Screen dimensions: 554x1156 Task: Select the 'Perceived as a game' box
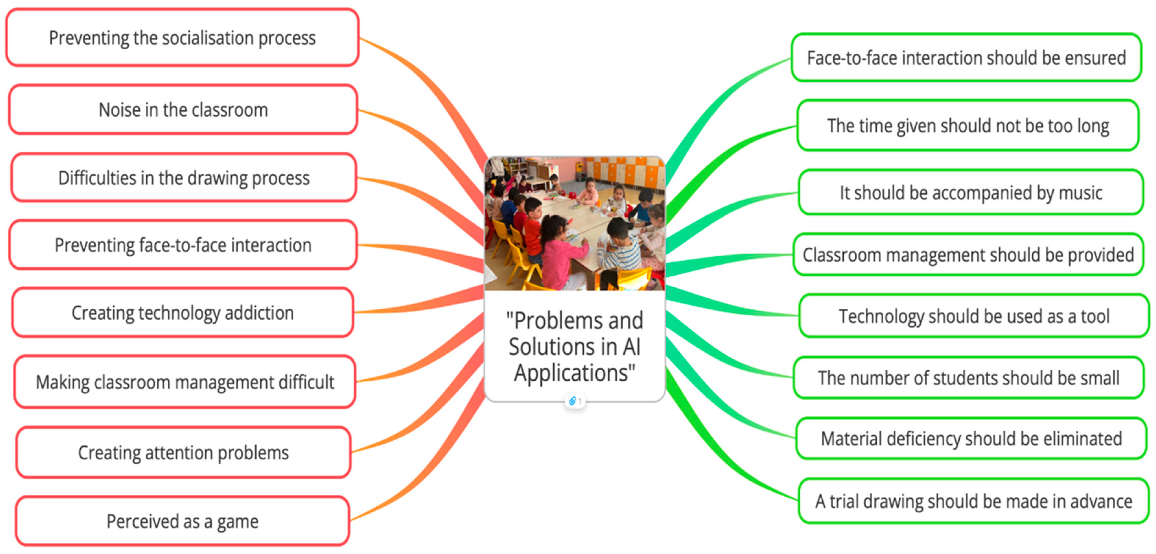(182, 521)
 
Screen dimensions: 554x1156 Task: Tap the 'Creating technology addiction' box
(183, 313)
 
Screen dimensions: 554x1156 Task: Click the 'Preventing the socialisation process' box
(182, 38)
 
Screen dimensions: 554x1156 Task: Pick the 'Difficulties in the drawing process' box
(184, 178)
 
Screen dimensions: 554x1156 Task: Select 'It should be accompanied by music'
(971, 193)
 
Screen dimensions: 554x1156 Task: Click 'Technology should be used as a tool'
(974, 316)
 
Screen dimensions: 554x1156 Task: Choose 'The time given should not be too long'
(968, 126)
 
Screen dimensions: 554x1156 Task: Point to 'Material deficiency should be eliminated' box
(971, 439)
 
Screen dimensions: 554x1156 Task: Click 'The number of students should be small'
(968, 378)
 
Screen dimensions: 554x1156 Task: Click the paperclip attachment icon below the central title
(573, 401)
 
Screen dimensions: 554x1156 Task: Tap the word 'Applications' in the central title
(574, 373)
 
